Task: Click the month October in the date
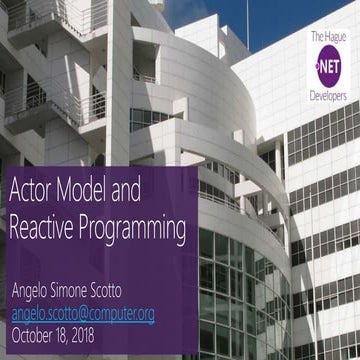click(x=36, y=334)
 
